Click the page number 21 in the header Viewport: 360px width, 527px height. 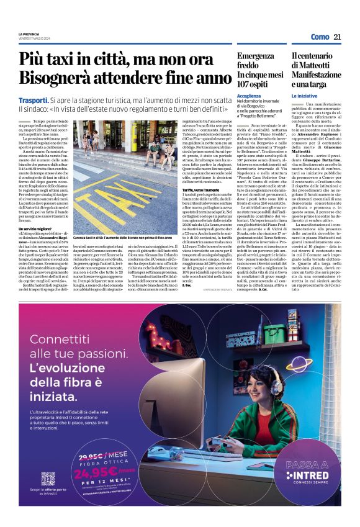point(338,37)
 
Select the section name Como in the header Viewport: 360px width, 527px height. point(320,37)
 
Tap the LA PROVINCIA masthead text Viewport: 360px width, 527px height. point(29,33)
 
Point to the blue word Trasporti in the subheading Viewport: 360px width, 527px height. point(34,99)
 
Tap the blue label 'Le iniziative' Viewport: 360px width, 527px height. point(304,97)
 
